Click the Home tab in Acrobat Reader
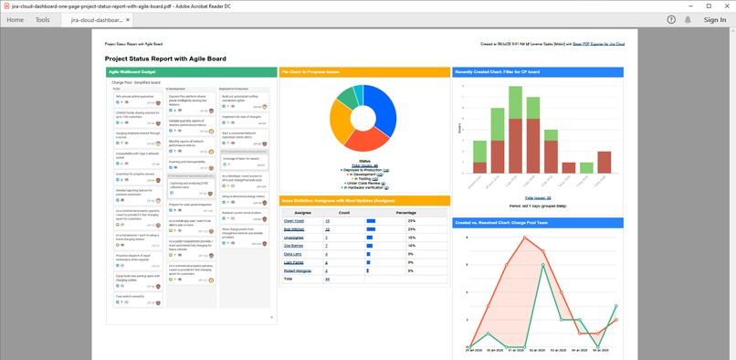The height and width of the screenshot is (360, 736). pos(15,19)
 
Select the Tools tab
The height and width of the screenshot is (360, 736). pos(42,19)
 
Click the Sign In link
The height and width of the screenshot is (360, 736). pos(714,19)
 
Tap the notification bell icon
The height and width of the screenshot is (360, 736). pos(688,19)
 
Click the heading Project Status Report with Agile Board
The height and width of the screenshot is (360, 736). pos(165,58)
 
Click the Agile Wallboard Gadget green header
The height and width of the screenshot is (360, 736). pos(191,71)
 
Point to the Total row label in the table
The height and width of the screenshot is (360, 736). pos(289,279)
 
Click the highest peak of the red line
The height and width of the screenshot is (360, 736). pos(524,238)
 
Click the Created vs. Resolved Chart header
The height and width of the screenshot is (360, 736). pos(539,222)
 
